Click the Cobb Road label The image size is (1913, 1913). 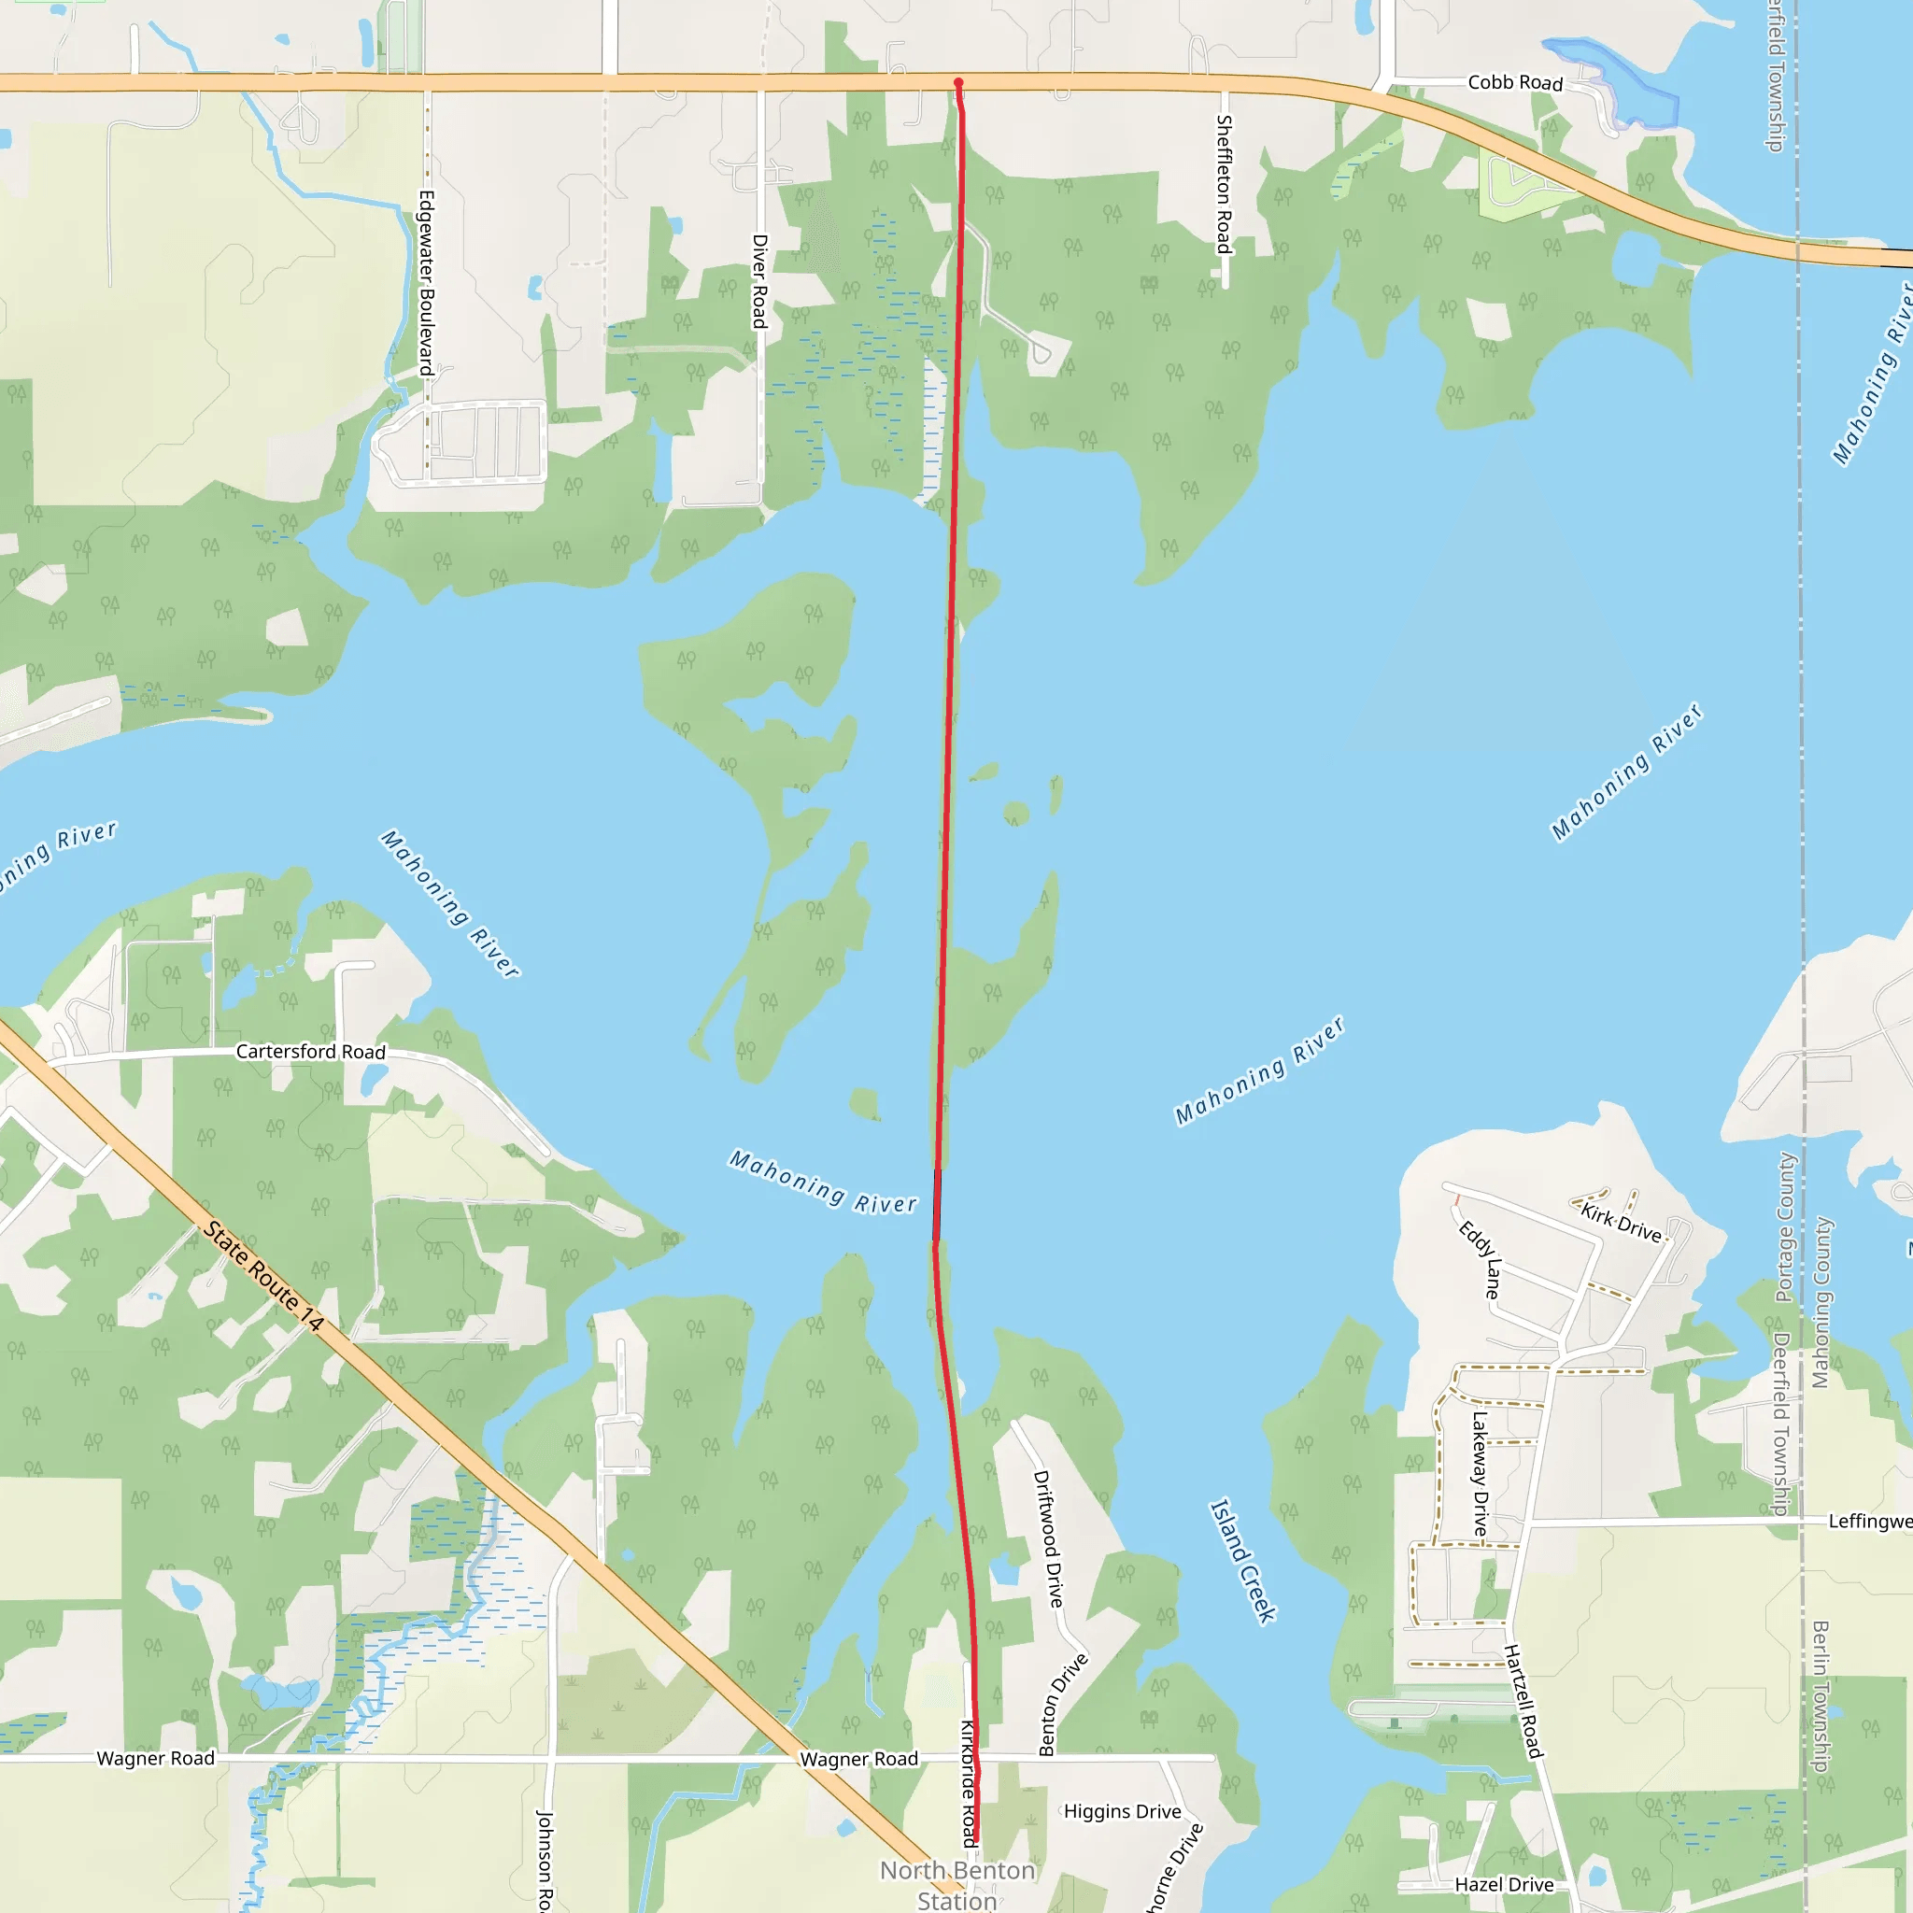point(1515,83)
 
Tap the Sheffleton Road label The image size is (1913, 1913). point(1224,184)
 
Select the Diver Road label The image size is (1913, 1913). point(759,281)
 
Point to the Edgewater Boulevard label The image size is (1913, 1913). point(426,282)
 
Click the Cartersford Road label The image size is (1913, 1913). point(310,1052)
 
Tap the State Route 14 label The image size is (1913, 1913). point(264,1276)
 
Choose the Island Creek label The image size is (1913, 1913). point(1242,1561)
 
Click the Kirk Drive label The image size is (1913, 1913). point(1621,1223)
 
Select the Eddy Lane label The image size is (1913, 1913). point(1481,1259)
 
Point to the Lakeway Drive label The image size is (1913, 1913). point(1480,1473)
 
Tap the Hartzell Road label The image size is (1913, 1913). point(1523,1701)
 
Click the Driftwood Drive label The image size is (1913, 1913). point(1048,1538)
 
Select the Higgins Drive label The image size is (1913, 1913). point(1122,1811)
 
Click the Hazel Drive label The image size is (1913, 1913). point(1503,1884)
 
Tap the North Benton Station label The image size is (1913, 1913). point(957,1884)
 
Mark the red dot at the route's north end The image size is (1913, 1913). point(958,83)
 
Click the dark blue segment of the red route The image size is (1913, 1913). point(937,1204)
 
